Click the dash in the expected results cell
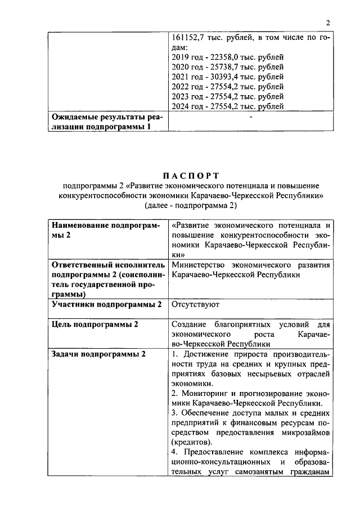250,118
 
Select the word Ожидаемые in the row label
76,118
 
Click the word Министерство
201,265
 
